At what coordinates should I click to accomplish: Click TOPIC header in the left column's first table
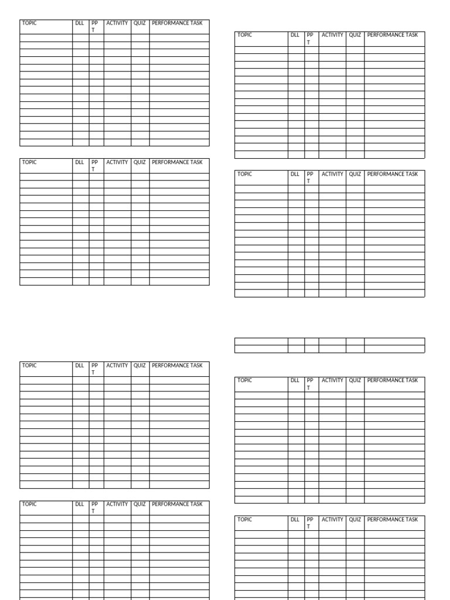29,23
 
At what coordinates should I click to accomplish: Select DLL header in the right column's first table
295,35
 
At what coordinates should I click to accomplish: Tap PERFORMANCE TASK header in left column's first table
177,23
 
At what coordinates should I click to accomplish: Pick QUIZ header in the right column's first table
355,35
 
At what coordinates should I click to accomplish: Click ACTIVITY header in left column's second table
117,162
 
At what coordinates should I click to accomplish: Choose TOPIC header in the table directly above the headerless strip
244,174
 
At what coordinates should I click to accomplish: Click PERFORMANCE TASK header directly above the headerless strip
393,174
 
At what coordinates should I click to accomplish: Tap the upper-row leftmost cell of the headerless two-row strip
261,342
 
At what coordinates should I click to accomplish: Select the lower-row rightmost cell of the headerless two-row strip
394,349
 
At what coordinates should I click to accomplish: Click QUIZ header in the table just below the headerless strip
355,380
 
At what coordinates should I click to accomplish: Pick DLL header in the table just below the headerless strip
295,380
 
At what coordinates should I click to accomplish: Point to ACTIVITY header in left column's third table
117,366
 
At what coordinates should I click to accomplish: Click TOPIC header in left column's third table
29,366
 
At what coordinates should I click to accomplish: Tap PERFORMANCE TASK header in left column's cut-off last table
177,504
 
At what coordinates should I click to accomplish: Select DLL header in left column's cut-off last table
80,504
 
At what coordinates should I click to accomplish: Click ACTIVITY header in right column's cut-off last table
332,520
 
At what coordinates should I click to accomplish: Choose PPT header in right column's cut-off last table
311,523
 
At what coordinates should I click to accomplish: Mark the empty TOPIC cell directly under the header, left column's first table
46,38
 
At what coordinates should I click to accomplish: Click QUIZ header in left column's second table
140,162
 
